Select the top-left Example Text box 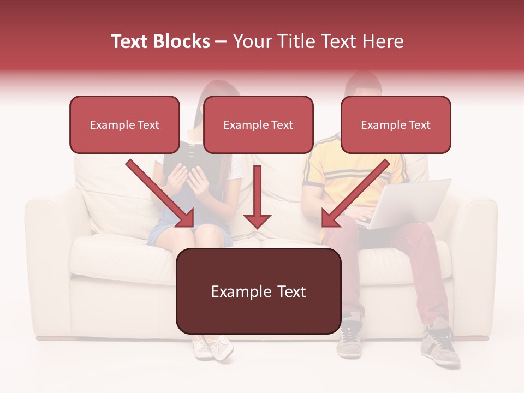(124, 124)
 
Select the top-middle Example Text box (258, 124)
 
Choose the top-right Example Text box (396, 124)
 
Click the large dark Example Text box (258, 291)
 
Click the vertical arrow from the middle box (257, 196)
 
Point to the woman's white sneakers (213, 348)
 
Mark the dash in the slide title (221, 41)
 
